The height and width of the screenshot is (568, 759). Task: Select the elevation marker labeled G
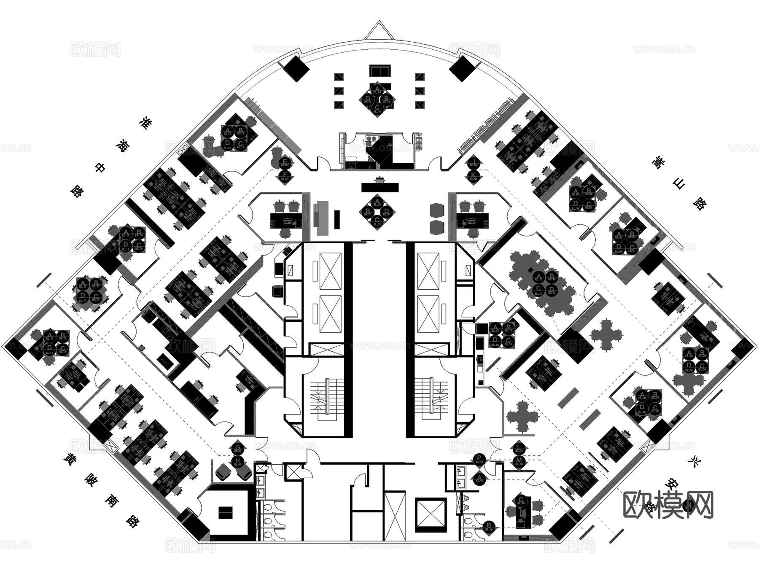click(238, 448)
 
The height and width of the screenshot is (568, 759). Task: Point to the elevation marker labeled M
click(519, 460)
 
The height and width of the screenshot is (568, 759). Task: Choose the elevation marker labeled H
click(238, 460)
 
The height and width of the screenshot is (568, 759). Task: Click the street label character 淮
click(145, 123)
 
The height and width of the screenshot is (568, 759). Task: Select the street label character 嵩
click(657, 162)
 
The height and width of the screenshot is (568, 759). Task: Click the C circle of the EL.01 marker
click(377, 220)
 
